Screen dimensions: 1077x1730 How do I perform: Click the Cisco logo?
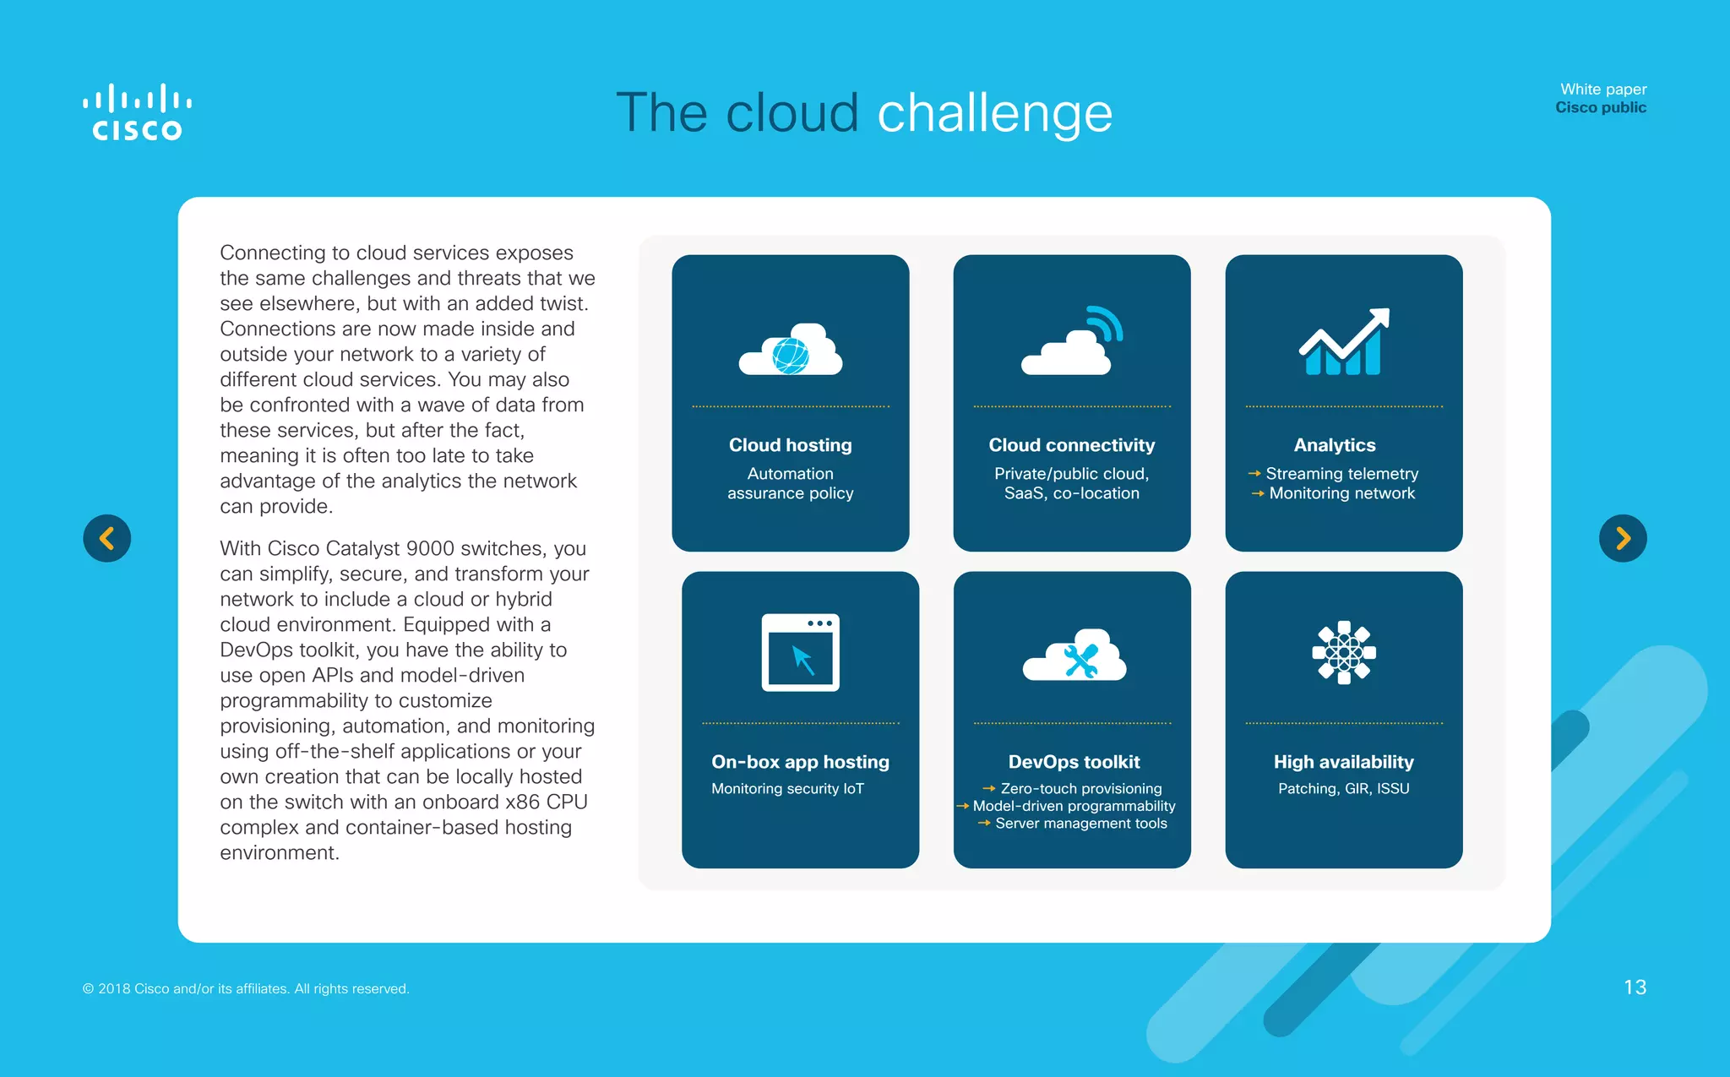click(x=137, y=112)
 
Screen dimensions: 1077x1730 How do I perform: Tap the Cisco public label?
click(x=1600, y=108)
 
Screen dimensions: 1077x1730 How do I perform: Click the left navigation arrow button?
click(x=107, y=538)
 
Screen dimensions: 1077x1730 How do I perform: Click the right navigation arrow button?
click(x=1622, y=538)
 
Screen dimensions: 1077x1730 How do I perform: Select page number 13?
click(x=1635, y=987)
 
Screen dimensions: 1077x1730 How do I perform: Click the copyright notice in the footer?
click(x=246, y=988)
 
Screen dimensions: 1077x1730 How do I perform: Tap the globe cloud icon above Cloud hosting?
click(x=791, y=351)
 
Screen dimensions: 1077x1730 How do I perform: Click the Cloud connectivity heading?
click(x=1071, y=445)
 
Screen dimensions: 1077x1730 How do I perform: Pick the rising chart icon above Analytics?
click(x=1343, y=342)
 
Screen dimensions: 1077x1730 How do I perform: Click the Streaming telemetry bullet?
click(x=1341, y=474)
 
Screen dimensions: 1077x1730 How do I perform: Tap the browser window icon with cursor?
click(x=800, y=652)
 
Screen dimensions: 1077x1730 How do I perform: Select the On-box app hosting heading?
click(x=800, y=762)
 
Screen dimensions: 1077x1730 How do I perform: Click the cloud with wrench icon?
click(x=1074, y=656)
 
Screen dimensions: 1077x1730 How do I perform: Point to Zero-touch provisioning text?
click(x=1080, y=788)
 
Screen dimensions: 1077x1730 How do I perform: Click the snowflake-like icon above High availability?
click(x=1343, y=652)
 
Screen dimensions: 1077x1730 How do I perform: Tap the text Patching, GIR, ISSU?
click(x=1343, y=788)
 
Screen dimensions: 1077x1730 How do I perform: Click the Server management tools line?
click(x=1080, y=824)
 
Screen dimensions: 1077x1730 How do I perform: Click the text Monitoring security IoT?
click(x=787, y=788)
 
